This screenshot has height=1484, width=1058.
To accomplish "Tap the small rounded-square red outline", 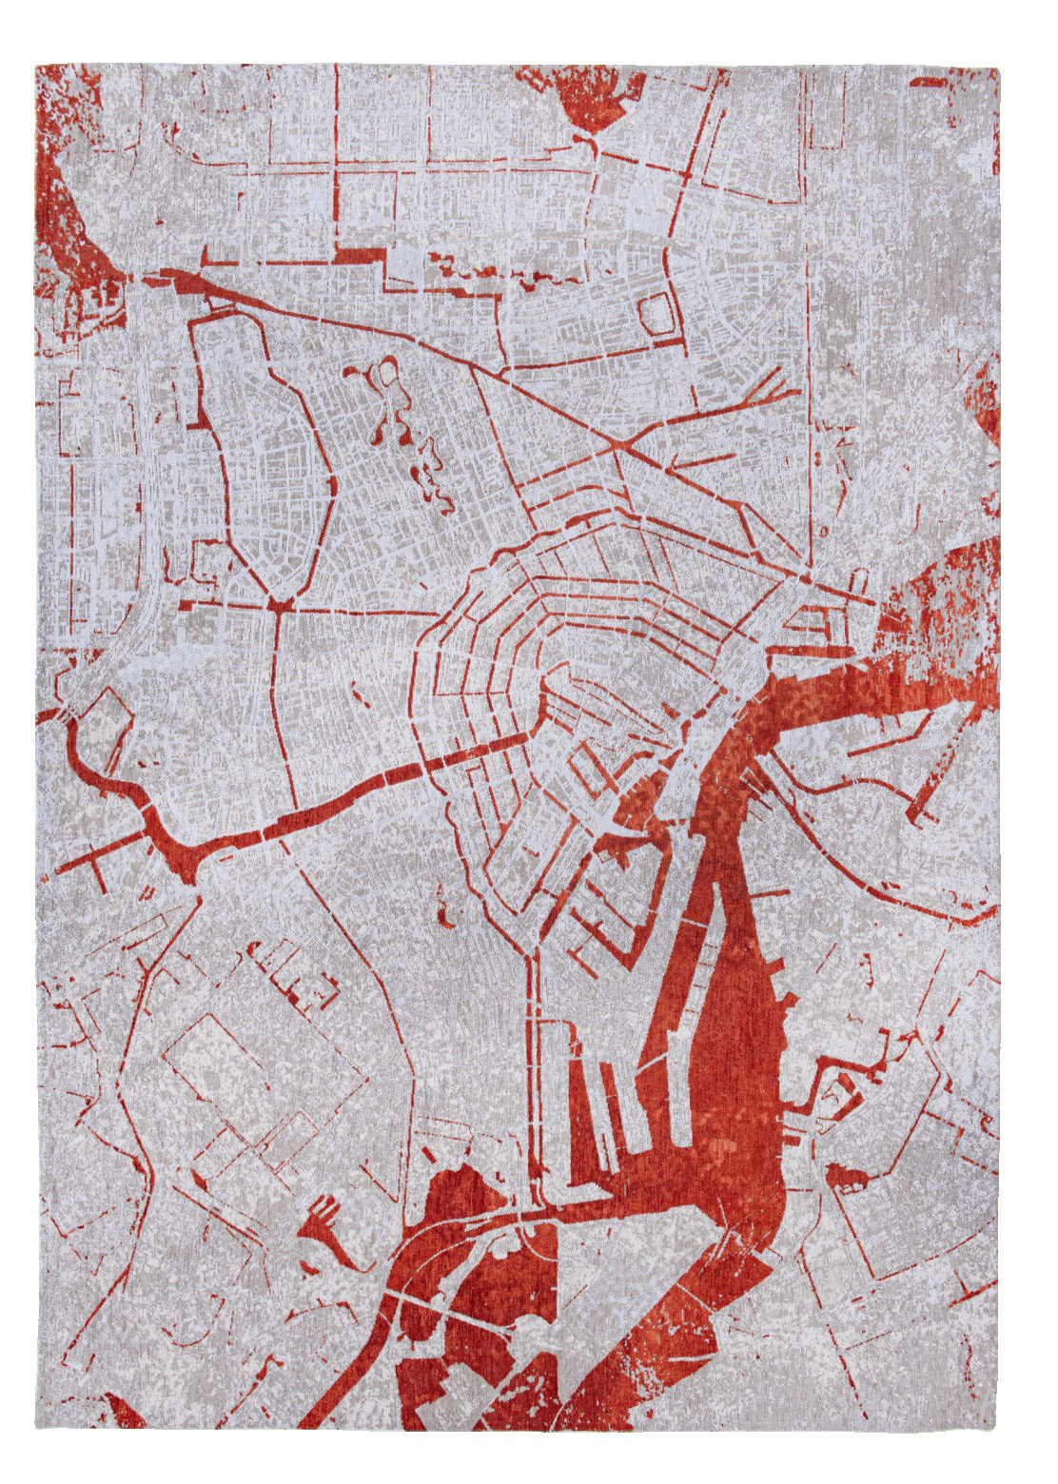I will click(657, 314).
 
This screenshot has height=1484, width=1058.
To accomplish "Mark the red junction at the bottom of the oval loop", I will click(280, 604).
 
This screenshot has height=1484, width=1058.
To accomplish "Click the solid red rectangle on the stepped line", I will click(361, 256).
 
